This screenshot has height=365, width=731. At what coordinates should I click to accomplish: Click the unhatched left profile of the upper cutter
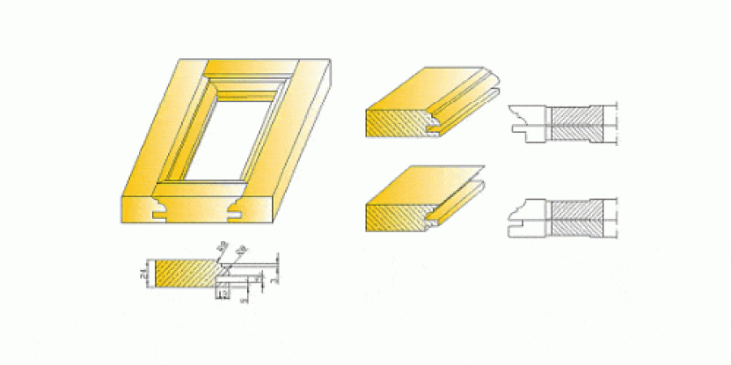coord(526,122)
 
